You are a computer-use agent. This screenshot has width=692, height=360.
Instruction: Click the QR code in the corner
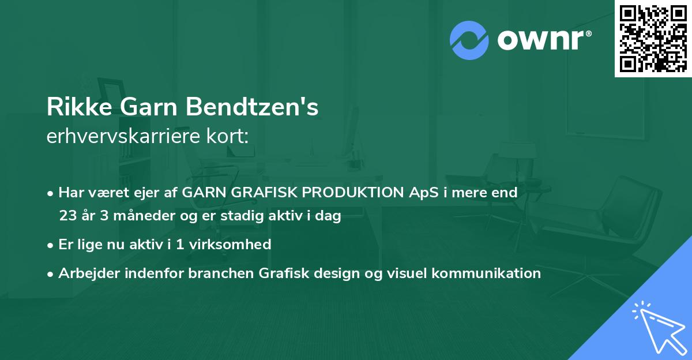(653, 39)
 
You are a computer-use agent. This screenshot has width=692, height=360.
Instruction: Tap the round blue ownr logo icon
(469, 40)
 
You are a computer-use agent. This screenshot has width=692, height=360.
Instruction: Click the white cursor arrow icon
(657, 325)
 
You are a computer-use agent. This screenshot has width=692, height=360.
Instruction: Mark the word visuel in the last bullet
(406, 273)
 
